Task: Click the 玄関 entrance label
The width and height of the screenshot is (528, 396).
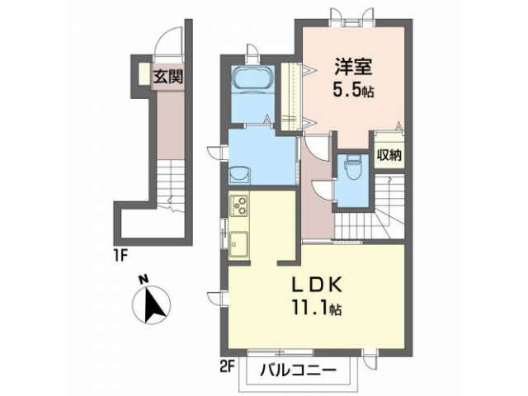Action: click(x=168, y=77)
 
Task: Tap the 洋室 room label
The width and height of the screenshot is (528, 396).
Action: click(x=353, y=66)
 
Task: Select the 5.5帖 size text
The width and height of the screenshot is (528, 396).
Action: click(x=353, y=90)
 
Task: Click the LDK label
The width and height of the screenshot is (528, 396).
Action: click(x=317, y=285)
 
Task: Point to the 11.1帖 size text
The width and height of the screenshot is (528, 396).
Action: click(x=317, y=308)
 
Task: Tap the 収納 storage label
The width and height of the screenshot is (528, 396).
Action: click(x=389, y=155)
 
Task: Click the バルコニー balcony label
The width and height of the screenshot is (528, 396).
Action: click(x=298, y=370)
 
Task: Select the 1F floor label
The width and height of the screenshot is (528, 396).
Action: click(x=120, y=256)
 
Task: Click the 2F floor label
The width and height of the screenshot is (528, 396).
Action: click(x=227, y=366)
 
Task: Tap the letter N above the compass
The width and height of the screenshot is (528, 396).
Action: click(x=144, y=279)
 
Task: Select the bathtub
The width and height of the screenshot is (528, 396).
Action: click(x=252, y=78)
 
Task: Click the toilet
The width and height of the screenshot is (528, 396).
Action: click(x=352, y=167)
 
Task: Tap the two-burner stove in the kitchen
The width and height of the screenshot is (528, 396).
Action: click(x=239, y=205)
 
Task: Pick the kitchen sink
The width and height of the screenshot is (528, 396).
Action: click(x=238, y=245)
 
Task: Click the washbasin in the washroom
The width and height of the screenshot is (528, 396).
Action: click(x=239, y=175)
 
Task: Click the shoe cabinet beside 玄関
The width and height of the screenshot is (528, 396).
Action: click(x=144, y=73)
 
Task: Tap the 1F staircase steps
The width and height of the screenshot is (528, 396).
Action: click(x=171, y=185)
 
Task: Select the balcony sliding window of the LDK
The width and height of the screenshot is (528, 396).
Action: click(x=280, y=352)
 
